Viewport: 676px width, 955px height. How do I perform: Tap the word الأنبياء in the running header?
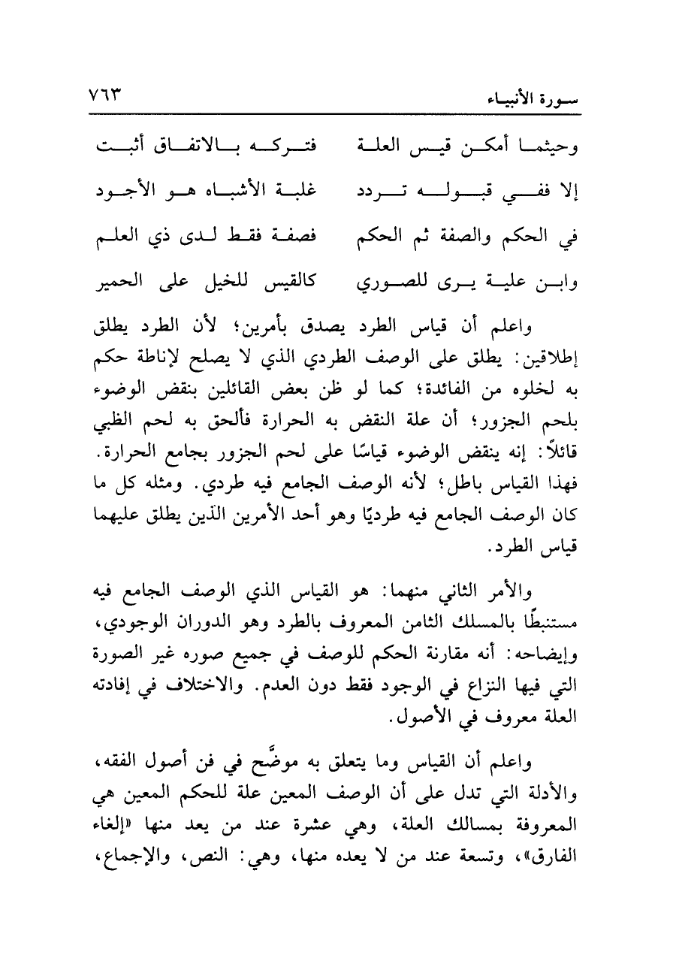tap(560, 98)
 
